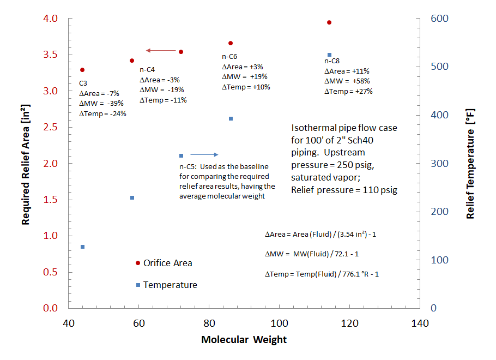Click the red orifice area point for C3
[x=82, y=70]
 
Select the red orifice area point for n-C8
[x=329, y=22]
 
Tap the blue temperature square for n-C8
[x=329, y=55]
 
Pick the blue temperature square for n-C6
[x=231, y=118]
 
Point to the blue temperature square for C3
[x=82, y=247]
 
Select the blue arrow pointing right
[x=204, y=155]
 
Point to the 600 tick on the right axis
[x=440, y=19]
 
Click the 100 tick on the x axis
[x=279, y=323]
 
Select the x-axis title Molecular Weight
[x=244, y=340]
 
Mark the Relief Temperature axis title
[x=470, y=163]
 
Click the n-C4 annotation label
[x=147, y=70]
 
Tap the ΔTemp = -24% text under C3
[x=102, y=113]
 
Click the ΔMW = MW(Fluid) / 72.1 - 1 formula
[x=311, y=254]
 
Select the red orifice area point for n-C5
[x=181, y=52]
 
